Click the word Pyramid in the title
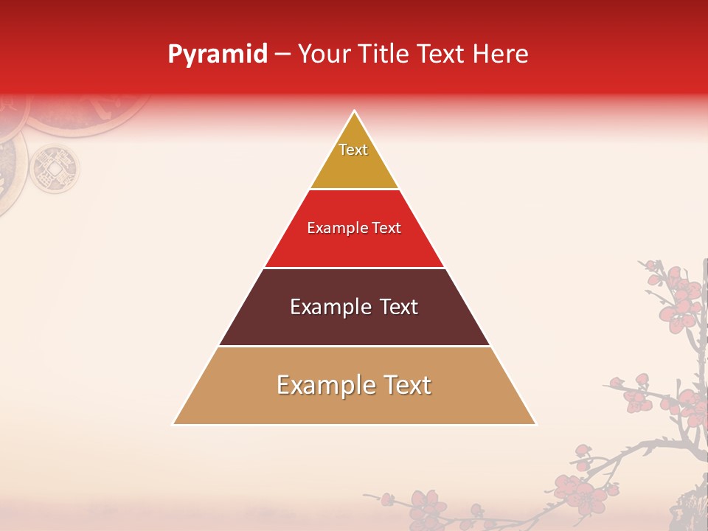(x=217, y=55)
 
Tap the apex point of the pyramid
(x=354, y=111)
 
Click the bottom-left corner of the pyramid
(x=174, y=423)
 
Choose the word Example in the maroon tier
(x=330, y=307)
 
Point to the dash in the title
(x=282, y=55)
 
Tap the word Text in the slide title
(x=442, y=54)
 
